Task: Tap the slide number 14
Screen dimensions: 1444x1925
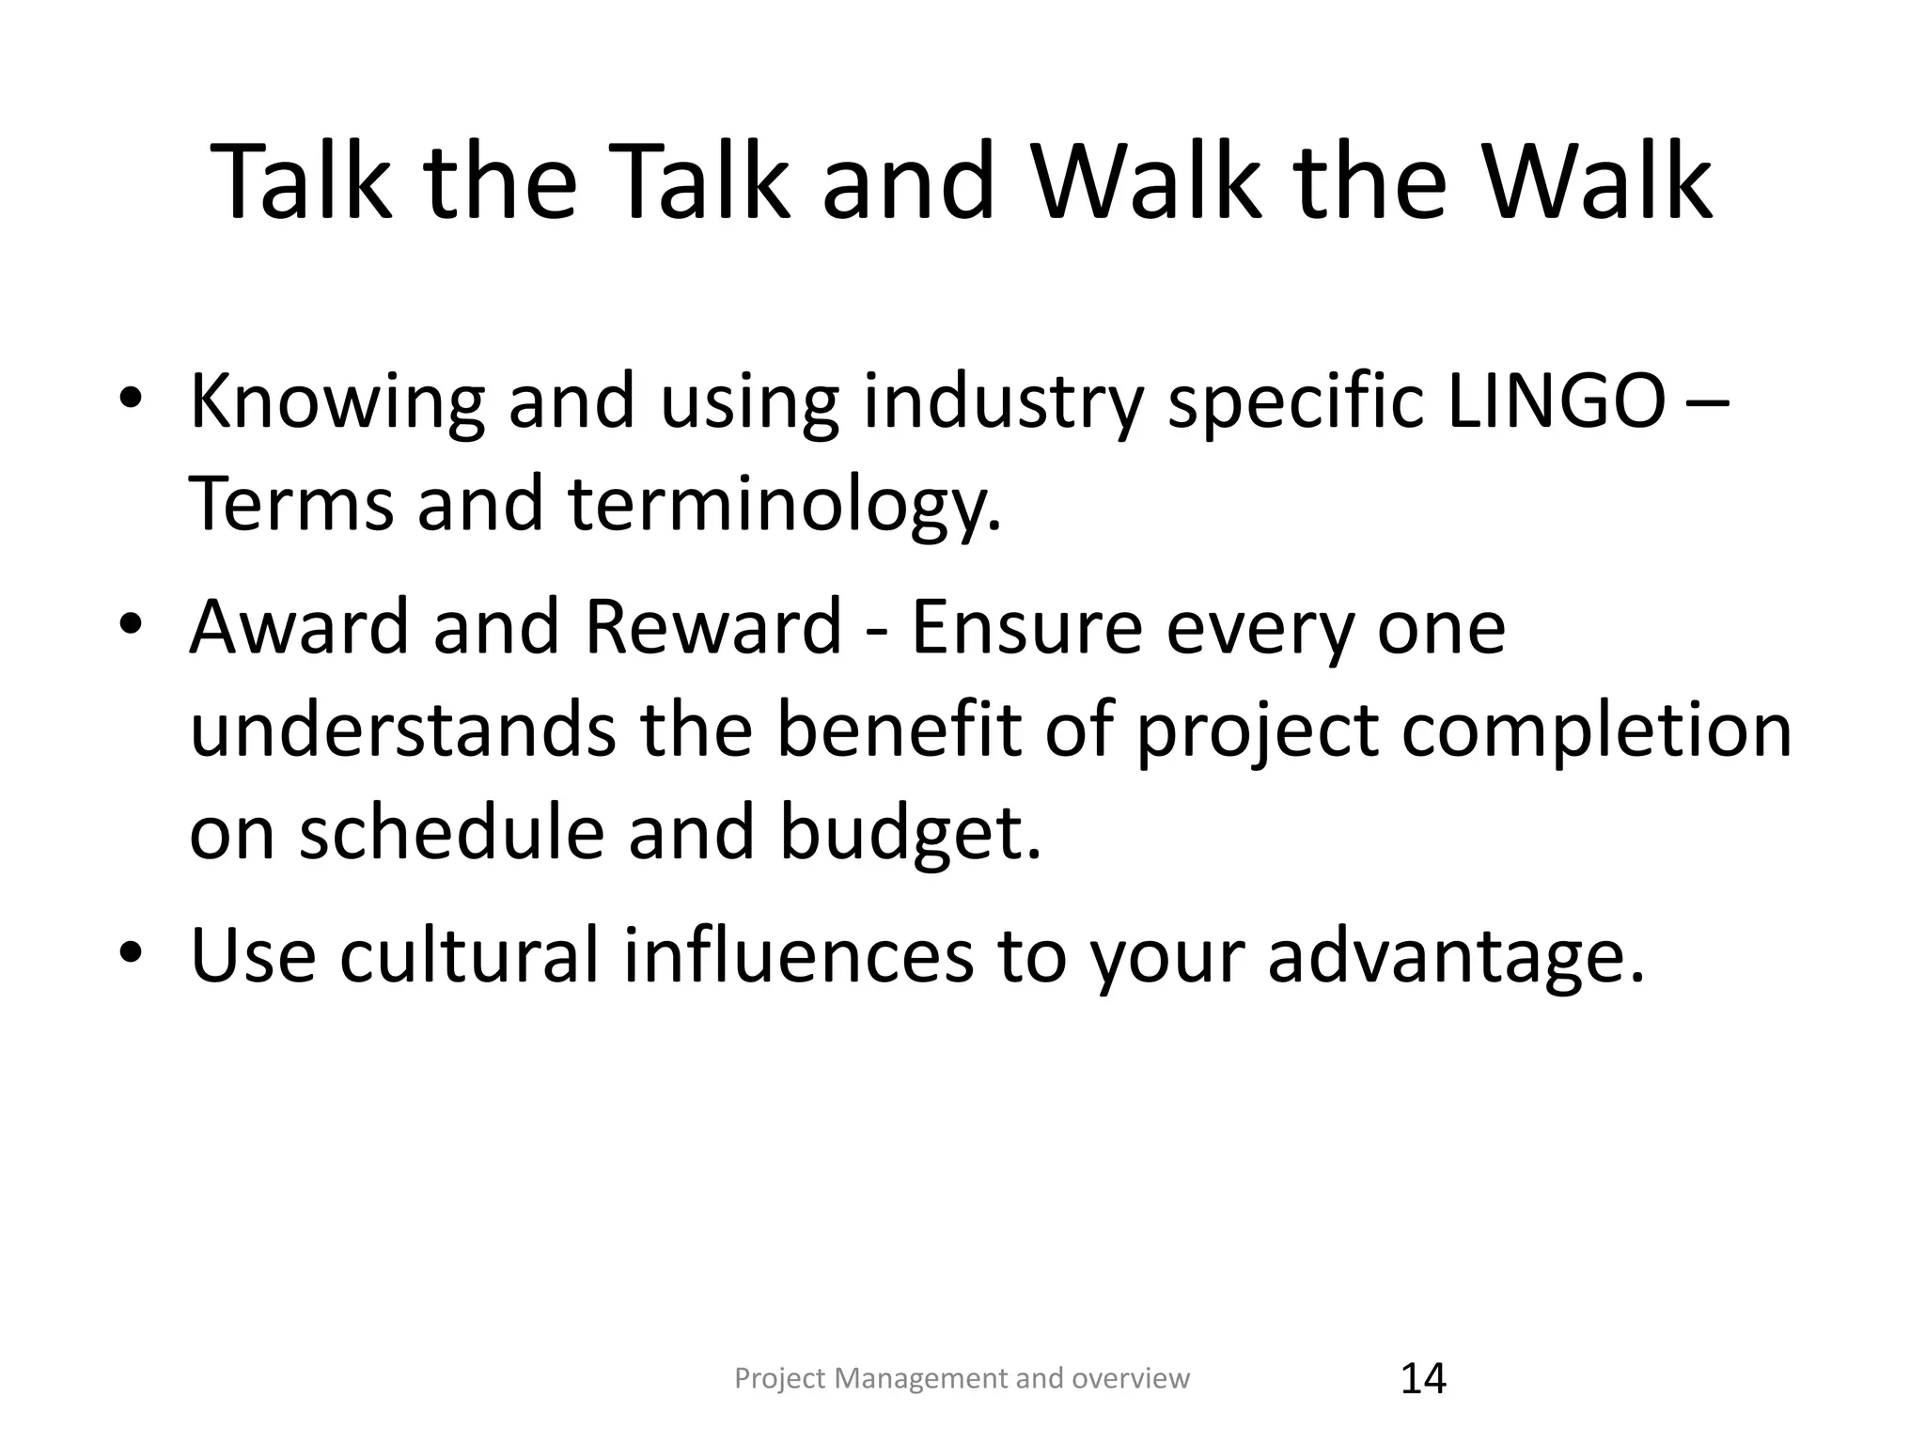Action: pos(1423,1379)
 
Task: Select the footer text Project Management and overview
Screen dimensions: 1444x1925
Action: pos(962,1378)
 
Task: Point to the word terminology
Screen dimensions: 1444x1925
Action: pos(785,505)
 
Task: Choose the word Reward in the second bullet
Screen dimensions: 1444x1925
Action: pos(712,627)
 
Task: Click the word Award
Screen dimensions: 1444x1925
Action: pos(300,627)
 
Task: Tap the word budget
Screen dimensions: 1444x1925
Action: pos(910,833)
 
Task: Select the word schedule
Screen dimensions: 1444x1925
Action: pos(451,833)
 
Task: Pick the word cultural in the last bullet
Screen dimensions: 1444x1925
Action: pos(468,956)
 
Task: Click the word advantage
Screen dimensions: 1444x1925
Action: pos(1456,956)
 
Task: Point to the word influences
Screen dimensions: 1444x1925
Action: pos(798,956)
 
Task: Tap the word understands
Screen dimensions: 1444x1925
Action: pos(402,730)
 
